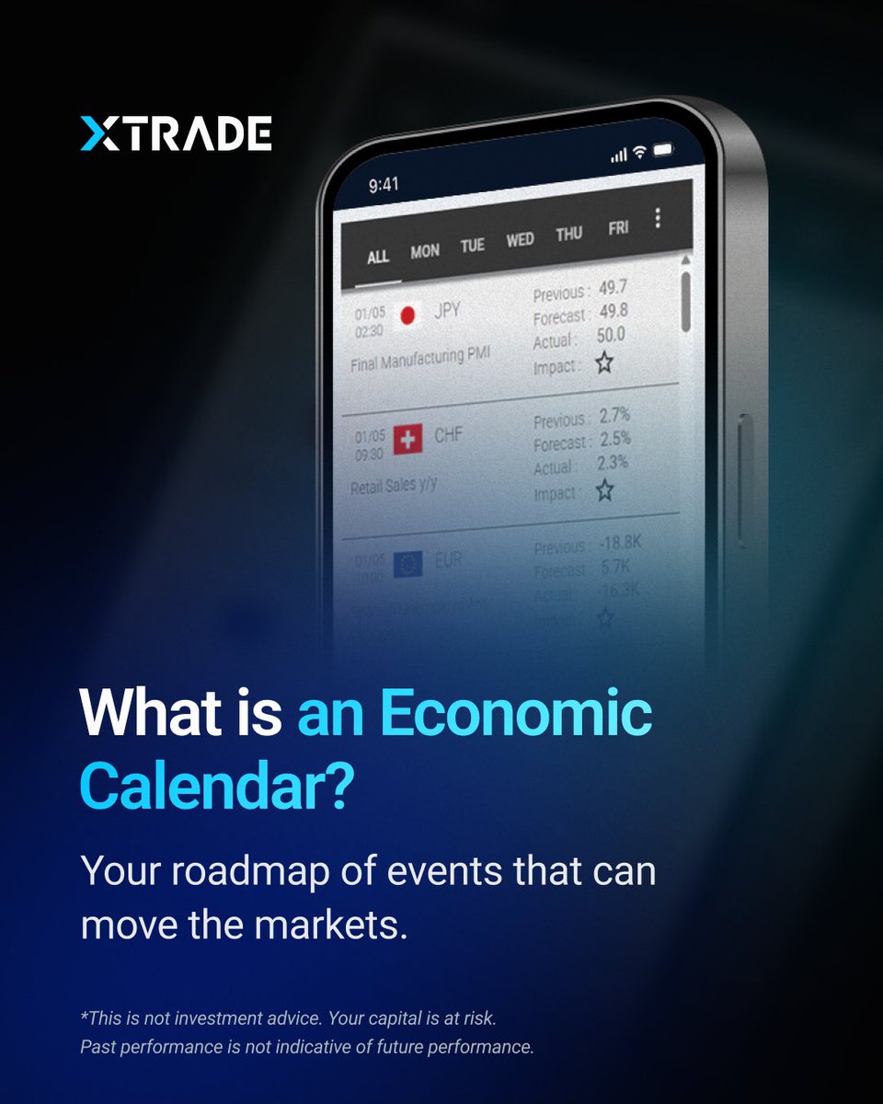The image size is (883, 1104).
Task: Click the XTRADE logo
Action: point(175,133)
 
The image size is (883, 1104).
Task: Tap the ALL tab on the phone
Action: point(378,257)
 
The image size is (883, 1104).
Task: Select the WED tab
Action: point(520,240)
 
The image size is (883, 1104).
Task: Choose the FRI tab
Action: point(618,227)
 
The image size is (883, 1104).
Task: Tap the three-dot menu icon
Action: point(657,218)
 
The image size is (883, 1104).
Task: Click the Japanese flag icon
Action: point(407,316)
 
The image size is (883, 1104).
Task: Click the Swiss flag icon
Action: point(407,440)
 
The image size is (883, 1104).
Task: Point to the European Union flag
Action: point(407,563)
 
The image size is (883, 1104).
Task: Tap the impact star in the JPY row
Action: point(603,363)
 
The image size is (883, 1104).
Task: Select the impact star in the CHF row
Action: point(604,489)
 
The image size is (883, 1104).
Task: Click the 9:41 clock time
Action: point(384,185)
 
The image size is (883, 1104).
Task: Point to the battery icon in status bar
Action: point(663,149)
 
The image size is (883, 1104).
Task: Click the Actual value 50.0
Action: point(610,335)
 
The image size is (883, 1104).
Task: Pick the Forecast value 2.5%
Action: point(614,438)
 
